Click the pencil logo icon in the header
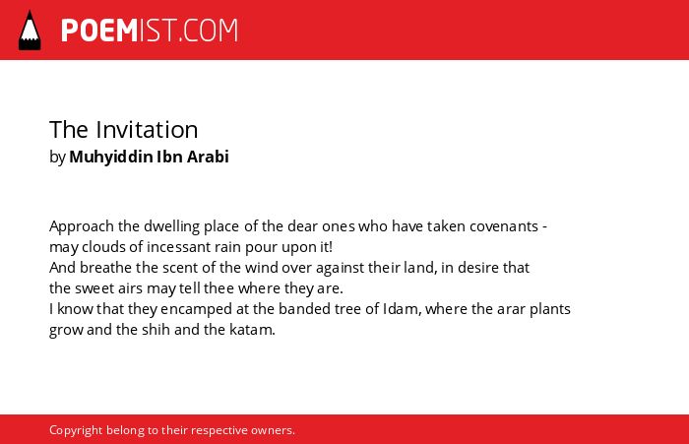click(x=30, y=31)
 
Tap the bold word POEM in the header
click(x=99, y=31)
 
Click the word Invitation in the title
click(x=147, y=130)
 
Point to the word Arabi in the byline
click(x=208, y=157)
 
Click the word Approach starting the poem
click(x=82, y=227)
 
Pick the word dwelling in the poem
click(x=172, y=227)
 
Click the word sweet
click(x=94, y=288)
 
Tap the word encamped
click(x=197, y=310)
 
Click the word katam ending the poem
click(x=252, y=330)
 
